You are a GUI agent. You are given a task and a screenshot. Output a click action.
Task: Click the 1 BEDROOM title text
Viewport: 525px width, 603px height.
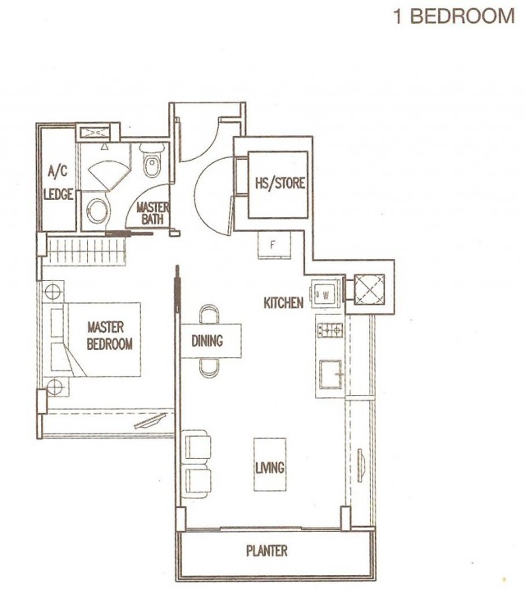454,16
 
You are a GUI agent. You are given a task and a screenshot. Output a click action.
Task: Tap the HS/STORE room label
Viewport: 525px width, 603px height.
280,183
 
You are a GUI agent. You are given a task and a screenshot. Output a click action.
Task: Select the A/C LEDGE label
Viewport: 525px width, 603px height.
58,183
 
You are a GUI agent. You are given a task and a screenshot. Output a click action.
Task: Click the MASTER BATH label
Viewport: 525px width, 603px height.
153,213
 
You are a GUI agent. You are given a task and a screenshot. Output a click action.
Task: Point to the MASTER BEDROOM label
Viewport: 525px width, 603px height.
109,335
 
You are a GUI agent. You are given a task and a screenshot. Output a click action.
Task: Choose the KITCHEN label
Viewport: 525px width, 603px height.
284,303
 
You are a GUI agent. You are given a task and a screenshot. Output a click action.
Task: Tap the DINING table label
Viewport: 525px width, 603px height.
208,341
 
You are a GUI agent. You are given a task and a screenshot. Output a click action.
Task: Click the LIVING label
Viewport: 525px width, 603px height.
270,468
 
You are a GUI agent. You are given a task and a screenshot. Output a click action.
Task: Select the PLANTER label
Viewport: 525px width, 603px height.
267,551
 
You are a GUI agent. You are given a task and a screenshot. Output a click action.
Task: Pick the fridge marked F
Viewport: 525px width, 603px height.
274,245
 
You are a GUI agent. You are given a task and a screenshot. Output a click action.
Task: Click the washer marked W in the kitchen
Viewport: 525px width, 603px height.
326,295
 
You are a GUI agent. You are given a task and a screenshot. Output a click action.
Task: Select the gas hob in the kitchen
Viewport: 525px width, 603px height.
330,330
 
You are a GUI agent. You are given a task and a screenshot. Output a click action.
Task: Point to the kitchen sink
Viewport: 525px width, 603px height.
331,374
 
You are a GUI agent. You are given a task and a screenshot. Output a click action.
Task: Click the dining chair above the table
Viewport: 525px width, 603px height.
209,314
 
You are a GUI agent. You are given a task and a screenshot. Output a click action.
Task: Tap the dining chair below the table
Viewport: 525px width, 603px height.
209,368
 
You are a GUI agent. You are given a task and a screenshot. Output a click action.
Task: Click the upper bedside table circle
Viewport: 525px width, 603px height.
52,292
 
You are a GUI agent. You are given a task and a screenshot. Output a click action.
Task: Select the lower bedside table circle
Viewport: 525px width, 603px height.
54,386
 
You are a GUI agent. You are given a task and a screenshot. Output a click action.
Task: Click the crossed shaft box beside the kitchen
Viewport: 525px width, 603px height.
369,289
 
